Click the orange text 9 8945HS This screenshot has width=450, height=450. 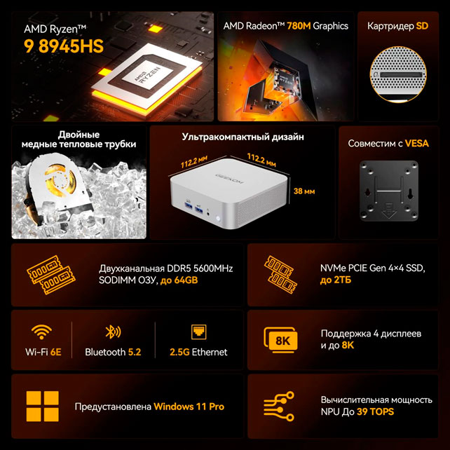[64, 46]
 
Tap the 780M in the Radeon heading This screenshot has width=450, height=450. [299, 26]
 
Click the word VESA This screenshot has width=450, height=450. [417, 143]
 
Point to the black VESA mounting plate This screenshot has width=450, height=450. [388, 191]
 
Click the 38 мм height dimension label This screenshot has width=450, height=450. [304, 191]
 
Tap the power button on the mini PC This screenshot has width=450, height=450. [218, 219]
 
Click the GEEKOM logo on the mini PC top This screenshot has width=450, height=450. [229, 178]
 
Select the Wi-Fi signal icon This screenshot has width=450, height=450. [41, 332]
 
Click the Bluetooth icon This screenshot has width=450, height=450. [113, 332]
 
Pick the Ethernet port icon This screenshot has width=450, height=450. [198, 332]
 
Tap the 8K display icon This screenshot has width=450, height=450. [280, 340]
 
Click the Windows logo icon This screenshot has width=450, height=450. [43, 406]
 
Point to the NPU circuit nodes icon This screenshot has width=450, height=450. [279, 406]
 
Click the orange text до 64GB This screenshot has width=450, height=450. [179, 280]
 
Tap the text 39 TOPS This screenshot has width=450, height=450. [376, 412]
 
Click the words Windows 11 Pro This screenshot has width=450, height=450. [189, 407]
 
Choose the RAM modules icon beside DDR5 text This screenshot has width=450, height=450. [51, 275]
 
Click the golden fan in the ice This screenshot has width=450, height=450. [59, 180]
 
